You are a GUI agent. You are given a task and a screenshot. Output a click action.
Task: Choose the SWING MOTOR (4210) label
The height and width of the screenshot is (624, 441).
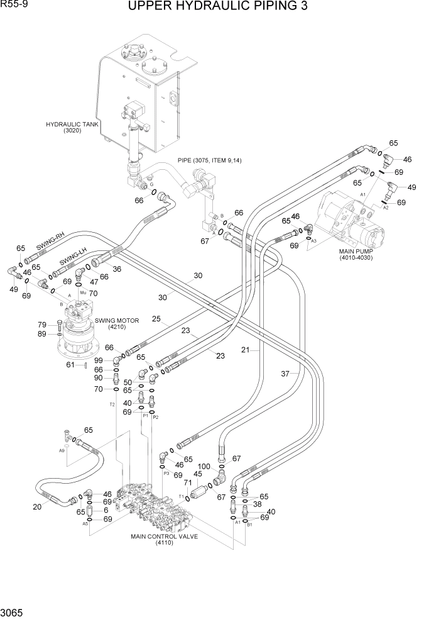pos(118,323)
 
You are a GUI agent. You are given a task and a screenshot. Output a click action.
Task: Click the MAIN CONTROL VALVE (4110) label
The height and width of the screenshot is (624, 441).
pos(164,540)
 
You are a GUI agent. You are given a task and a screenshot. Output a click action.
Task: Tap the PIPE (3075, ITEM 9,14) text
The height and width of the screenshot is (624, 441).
pos(210,160)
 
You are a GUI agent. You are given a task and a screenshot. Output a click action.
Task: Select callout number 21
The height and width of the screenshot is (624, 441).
pos(246,350)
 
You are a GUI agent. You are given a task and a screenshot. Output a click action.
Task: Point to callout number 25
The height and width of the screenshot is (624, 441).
pos(156,319)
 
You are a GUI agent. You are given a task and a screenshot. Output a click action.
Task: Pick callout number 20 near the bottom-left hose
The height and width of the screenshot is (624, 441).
pos(37,507)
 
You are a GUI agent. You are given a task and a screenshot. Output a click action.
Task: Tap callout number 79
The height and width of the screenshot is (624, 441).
pos(43,325)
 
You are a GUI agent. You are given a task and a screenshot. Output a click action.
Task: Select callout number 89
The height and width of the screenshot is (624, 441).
pos(43,334)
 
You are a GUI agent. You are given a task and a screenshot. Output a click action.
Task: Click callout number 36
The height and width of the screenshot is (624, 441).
pos(116,269)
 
